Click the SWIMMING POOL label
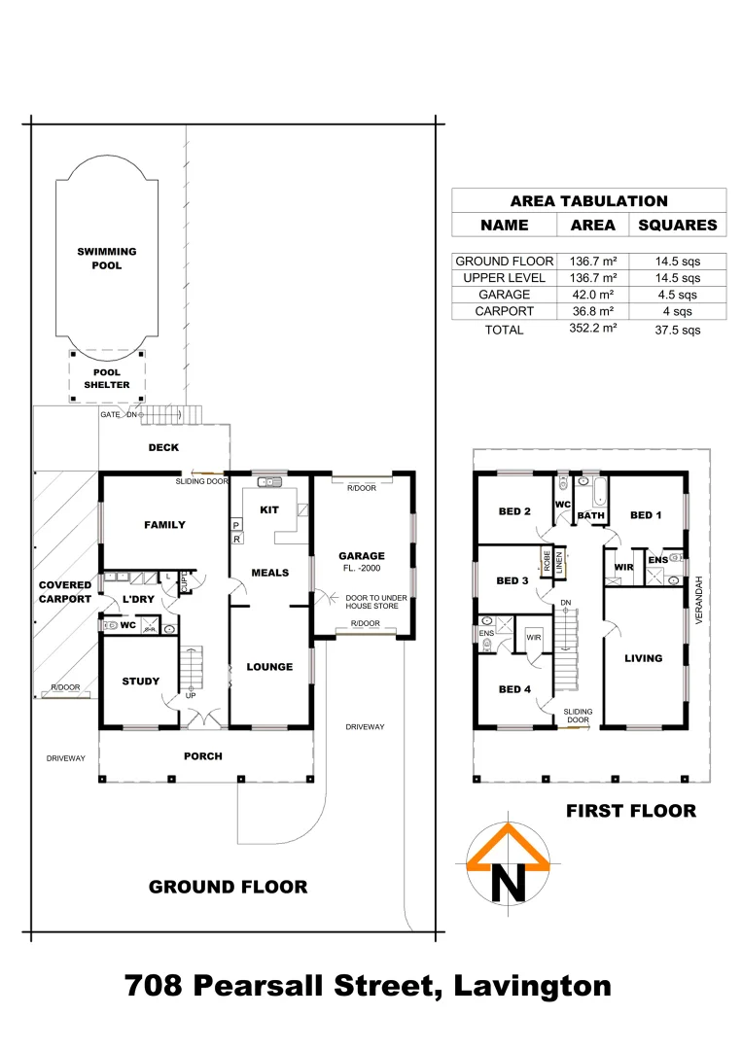pyautogui.click(x=107, y=258)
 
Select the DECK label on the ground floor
pyautogui.click(x=163, y=448)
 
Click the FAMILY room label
pyautogui.click(x=164, y=525)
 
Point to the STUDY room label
pyautogui.click(x=141, y=682)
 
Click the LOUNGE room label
pyautogui.click(x=269, y=667)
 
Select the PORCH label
pyautogui.click(x=203, y=756)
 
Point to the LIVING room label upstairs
pyautogui.click(x=644, y=658)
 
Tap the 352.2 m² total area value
pyautogui.click(x=592, y=329)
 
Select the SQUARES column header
pyautogui.click(x=677, y=225)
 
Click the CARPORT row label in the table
pyautogui.click(x=504, y=311)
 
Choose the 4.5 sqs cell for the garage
pyautogui.click(x=677, y=295)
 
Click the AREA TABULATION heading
pyautogui.click(x=588, y=201)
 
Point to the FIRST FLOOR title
pyautogui.click(x=631, y=811)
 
